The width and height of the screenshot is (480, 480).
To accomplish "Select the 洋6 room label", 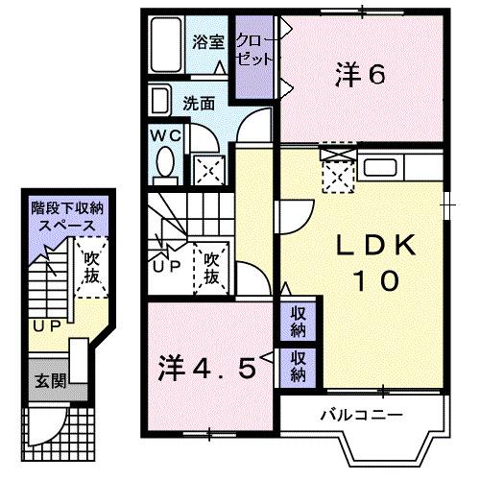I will pos(359,74).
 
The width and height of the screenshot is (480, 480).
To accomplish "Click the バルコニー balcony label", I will pos(361,415).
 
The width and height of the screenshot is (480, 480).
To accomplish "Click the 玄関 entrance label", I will pos(52,380).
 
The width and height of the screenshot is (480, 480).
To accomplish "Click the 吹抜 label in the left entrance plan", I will pos(92,267).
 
